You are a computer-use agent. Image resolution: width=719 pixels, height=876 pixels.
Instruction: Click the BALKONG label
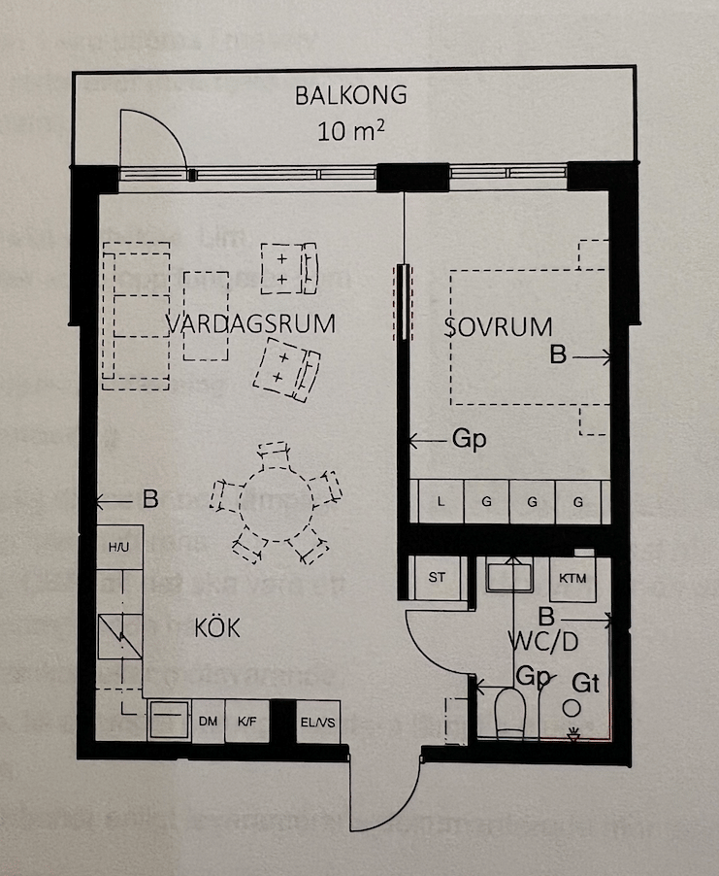pos(350,96)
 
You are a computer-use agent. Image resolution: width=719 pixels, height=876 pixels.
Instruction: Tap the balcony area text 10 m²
pos(350,130)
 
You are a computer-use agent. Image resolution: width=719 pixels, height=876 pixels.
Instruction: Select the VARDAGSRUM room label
pos(250,323)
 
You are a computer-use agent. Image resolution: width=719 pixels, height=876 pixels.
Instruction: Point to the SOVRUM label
pos(498,326)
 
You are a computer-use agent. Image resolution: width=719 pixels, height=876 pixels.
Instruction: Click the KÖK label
pos(217,628)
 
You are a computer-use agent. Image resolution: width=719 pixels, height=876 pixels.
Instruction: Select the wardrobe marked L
pos(441,502)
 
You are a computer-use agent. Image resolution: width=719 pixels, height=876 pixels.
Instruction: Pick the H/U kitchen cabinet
pos(118,548)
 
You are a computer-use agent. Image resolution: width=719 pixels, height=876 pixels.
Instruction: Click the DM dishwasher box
pos(207,722)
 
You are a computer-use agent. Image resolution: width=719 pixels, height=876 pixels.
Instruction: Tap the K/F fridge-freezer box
pos(245,722)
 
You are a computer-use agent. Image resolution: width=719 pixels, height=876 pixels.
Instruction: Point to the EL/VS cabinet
pos(316,722)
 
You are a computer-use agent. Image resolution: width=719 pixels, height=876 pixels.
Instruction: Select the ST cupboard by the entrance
pos(437,576)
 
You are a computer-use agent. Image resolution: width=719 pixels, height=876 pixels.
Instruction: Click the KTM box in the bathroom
pos(572,576)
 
